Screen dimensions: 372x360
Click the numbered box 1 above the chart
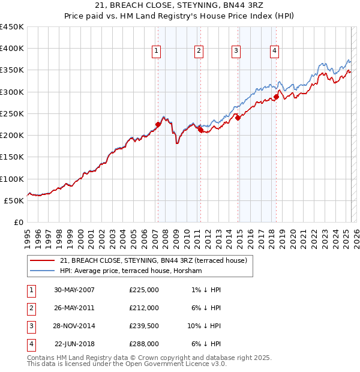tap(156, 52)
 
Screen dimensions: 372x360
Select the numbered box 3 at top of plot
tap(236, 52)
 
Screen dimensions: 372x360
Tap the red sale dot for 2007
tap(158, 125)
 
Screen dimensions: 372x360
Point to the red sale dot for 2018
tap(276, 97)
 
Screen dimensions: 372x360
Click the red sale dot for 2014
tap(238, 118)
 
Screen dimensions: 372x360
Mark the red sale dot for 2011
tap(200, 130)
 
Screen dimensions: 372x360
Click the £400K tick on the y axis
tap(12, 49)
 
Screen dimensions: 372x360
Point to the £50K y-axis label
tap(14, 200)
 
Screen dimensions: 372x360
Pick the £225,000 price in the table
tap(144, 290)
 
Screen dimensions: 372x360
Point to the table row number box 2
tap(29, 308)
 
